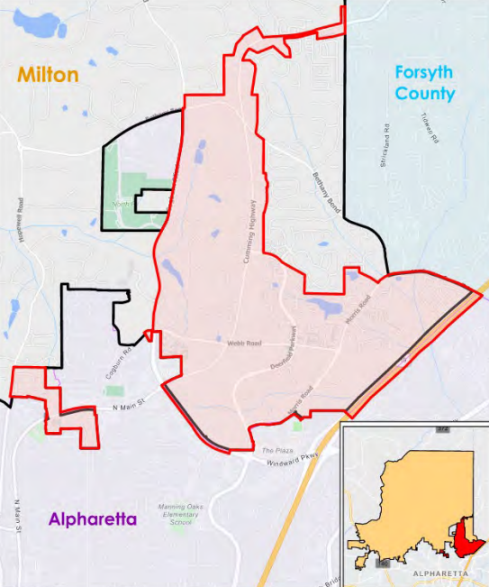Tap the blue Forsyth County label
coord(424,83)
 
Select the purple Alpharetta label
coord(93,519)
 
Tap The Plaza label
coord(273,449)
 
